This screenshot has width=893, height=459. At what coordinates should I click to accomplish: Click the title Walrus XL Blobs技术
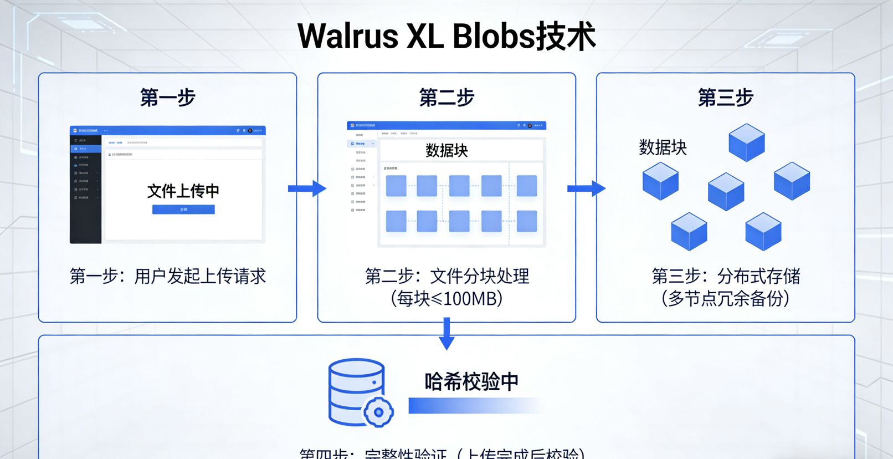coord(447,37)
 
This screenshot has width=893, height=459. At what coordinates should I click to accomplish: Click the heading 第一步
coord(167,98)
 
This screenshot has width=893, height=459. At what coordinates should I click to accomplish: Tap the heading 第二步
coord(447,98)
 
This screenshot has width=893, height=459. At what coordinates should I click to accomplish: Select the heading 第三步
coord(725,98)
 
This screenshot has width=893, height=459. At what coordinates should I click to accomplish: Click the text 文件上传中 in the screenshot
coord(183,191)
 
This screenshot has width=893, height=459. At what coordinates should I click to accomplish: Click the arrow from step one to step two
coord(307,188)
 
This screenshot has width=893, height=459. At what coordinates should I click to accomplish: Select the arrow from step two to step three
coord(586,188)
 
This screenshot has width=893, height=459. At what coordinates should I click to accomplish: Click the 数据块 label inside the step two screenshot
coord(447,150)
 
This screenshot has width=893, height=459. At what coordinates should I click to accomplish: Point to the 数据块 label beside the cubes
coord(663,147)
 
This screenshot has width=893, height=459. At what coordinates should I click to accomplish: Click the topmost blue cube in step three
coord(746,142)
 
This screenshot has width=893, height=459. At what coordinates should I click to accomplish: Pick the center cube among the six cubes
coord(726,191)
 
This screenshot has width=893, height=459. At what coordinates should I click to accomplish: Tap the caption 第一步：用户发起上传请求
coord(167,276)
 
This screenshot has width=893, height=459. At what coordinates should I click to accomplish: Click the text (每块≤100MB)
coord(447,299)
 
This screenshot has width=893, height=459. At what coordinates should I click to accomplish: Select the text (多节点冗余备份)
coord(725,299)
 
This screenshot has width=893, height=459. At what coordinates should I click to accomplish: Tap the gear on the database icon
coord(379,412)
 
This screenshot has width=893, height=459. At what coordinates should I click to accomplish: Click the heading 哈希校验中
coord(471,381)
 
